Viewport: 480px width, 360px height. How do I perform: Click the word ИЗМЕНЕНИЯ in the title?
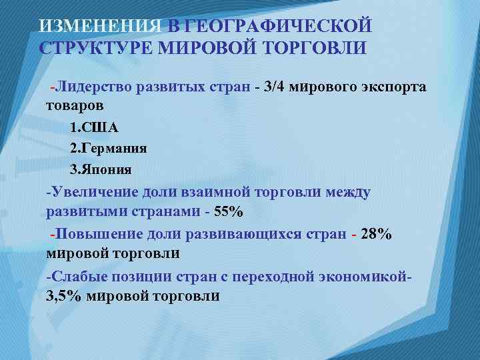(x=100, y=26)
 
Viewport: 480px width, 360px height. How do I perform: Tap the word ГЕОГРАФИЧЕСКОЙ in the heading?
(x=277, y=26)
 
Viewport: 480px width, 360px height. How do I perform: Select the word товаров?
(x=75, y=105)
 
